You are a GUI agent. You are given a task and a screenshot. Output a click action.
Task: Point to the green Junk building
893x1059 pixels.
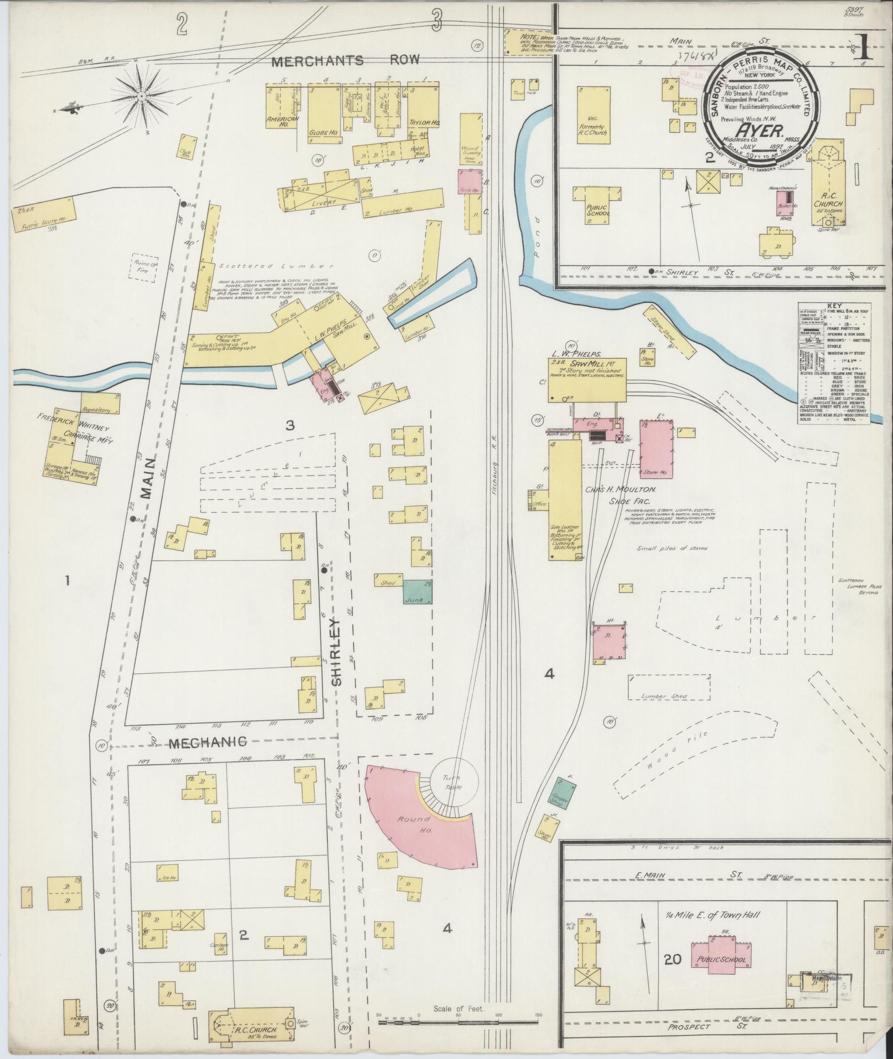(x=417, y=592)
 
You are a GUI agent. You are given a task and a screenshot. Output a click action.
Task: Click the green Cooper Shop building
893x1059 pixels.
(x=564, y=794)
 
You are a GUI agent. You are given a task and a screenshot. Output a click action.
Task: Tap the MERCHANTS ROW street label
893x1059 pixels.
(x=346, y=61)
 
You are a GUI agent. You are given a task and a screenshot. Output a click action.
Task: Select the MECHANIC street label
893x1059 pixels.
(x=208, y=742)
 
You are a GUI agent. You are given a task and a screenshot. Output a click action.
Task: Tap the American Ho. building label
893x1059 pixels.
(x=282, y=120)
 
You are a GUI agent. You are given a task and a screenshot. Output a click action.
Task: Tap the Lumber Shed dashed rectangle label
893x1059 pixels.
(x=670, y=696)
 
